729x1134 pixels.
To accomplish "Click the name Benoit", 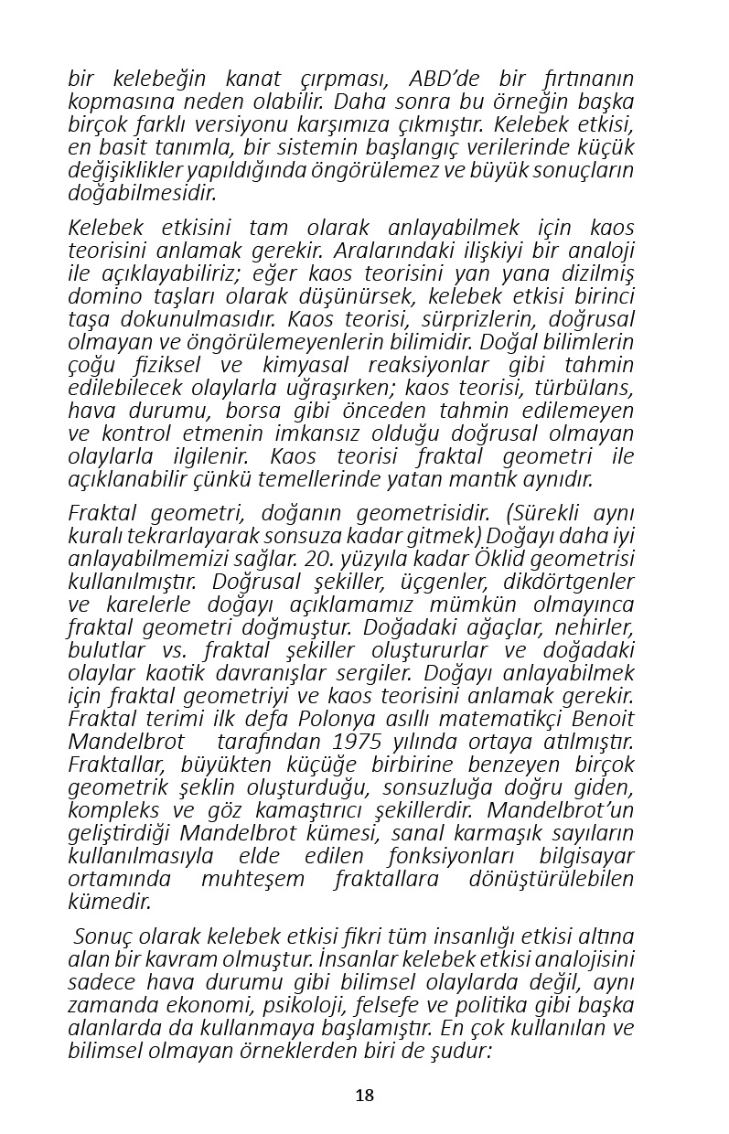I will (x=602, y=718).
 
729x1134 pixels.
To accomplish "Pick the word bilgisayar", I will (x=584, y=856).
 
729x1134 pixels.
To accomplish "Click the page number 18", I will (x=364, y=1096).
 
